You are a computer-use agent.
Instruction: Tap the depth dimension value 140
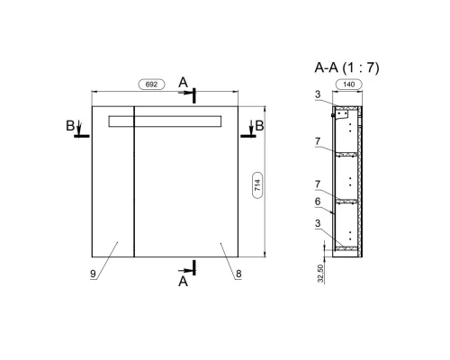(347, 85)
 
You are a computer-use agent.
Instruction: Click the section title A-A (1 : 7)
(346, 67)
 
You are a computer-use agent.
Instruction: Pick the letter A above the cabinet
(183, 83)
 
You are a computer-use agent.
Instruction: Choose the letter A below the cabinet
(183, 281)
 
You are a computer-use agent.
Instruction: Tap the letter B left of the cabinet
(69, 126)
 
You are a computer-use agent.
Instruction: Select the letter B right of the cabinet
(259, 126)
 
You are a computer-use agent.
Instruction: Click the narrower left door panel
(113, 198)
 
